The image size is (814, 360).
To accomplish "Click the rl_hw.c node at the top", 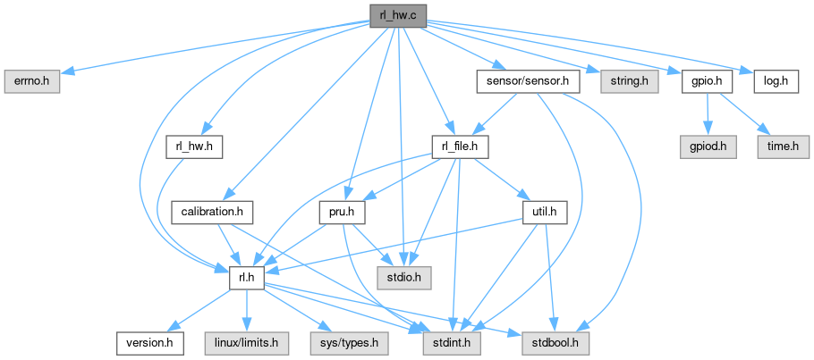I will pos(398,15).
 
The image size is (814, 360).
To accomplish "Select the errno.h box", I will pos(31,81).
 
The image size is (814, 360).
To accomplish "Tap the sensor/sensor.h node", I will pos(529,81).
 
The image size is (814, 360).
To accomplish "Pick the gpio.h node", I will pos(707,81).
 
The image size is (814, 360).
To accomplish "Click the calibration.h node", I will pos(213,212).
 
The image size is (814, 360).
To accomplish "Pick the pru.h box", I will pos(337,212).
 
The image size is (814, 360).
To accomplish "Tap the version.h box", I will pos(150,342).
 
